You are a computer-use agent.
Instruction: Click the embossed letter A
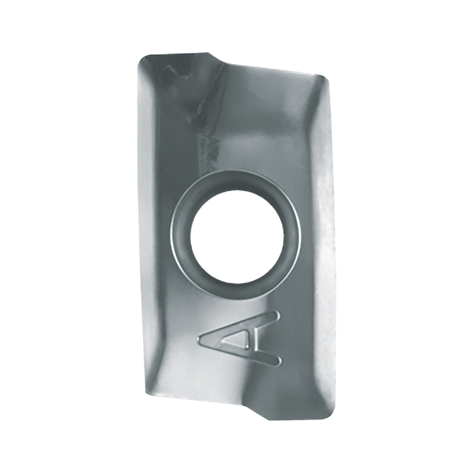click(239, 340)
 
